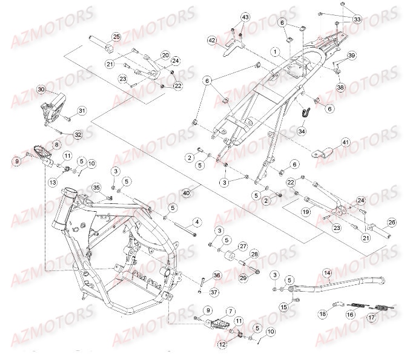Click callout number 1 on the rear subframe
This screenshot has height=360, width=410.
[276, 52]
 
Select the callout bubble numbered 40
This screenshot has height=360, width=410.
[187, 192]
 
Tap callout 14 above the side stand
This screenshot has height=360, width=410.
[328, 272]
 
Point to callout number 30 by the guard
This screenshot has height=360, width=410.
[41, 90]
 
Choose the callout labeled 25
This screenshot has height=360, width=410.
[116, 38]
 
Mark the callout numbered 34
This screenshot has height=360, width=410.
[302, 130]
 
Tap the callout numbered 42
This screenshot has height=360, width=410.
[212, 40]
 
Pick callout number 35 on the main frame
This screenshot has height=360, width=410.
[96, 187]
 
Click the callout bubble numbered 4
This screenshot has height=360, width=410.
[197, 221]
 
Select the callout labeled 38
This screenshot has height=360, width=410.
[340, 87]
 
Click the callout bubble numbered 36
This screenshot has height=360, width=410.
[217, 275]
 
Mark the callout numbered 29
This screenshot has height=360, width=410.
[243, 277]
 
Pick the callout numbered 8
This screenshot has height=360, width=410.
[56, 145]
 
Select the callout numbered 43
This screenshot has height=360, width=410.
[245, 17]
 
